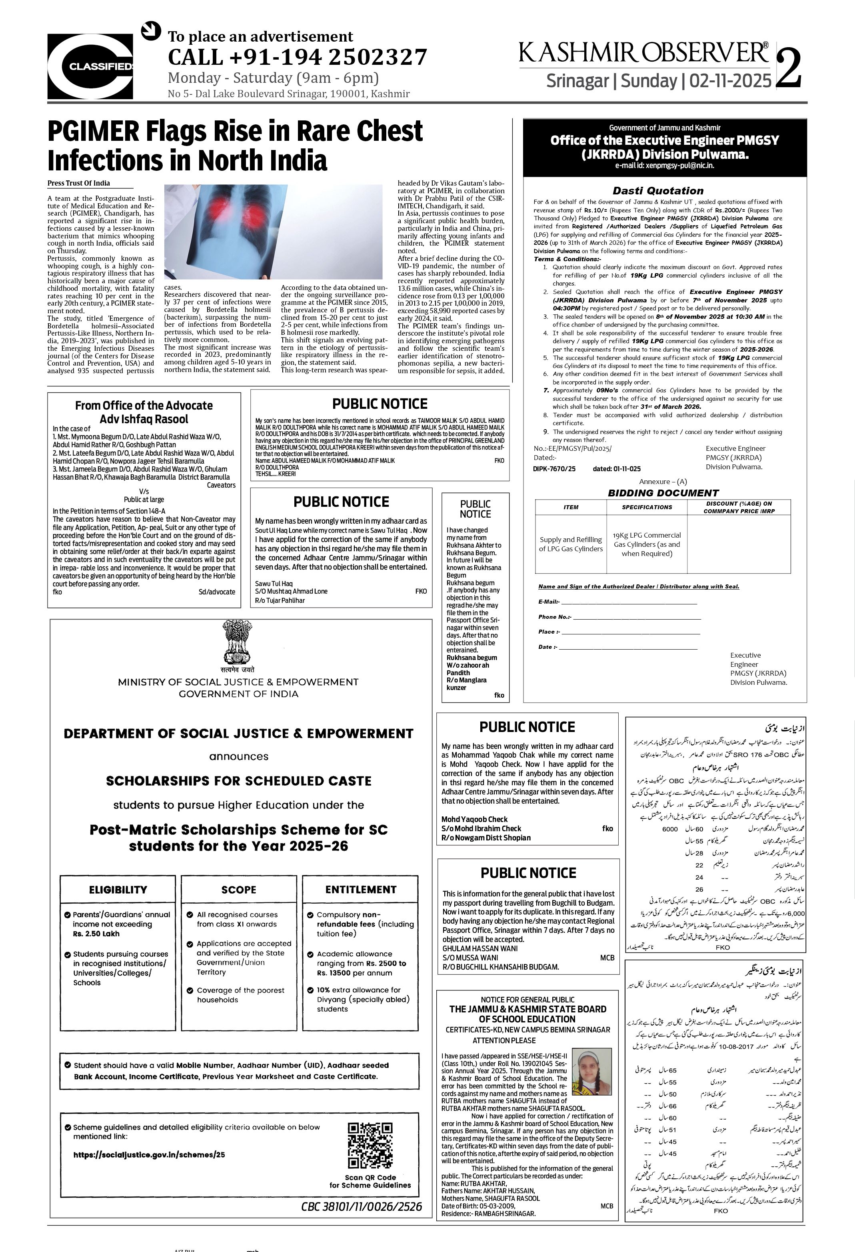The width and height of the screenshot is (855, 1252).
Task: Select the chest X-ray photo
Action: tap(273, 232)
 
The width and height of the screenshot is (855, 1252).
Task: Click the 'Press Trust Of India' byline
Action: tap(79, 183)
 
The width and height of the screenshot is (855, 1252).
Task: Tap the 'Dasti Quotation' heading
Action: tap(658, 191)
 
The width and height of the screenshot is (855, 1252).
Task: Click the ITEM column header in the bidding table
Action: tap(571, 507)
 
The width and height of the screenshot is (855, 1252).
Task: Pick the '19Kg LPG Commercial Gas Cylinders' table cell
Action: tap(647, 544)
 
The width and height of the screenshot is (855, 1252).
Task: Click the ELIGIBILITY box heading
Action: tap(118, 890)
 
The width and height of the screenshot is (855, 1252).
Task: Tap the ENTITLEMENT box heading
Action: tap(360, 890)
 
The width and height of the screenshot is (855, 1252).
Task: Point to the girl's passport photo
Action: tap(591, 1072)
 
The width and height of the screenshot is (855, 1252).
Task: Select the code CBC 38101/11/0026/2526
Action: tap(362, 1206)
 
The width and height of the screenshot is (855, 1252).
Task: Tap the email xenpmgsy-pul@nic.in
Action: tap(665, 165)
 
